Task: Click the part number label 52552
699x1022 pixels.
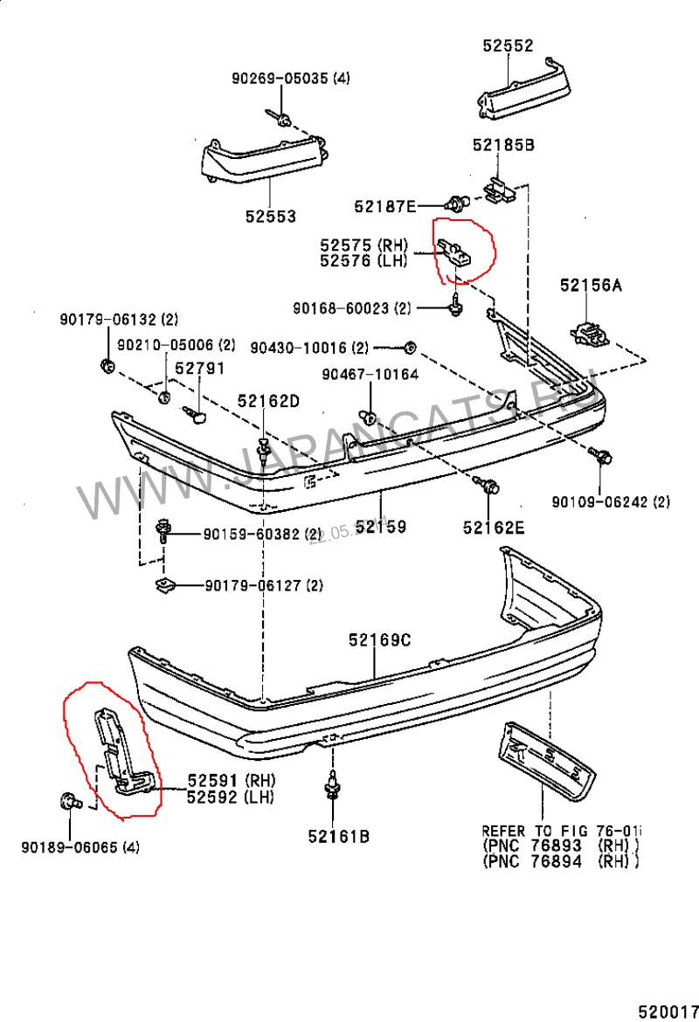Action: pyautogui.click(x=508, y=46)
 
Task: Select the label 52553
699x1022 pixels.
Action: pyautogui.click(x=270, y=216)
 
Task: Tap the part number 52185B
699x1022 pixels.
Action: pyautogui.click(x=503, y=146)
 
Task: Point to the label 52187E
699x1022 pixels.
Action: pyautogui.click(x=384, y=206)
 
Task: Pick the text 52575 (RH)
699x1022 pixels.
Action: pyautogui.click(x=363, y=245)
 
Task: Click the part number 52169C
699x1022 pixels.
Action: pyautogui.click(x=378, y=640)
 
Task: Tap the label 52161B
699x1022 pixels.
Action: pyautogui.click(x=338, y=836)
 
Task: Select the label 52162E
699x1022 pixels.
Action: pyautogui.click(x=494, y=527)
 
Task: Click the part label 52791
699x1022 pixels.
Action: pyautogui.click(x=199, y=369)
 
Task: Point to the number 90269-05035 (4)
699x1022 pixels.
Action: pyautogui.click(x=290, y=78)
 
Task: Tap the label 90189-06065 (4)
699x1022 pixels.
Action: pyautogui.click(x=80, y=846)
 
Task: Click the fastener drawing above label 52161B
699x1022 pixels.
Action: pyautogui.click(x=332, y=788)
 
